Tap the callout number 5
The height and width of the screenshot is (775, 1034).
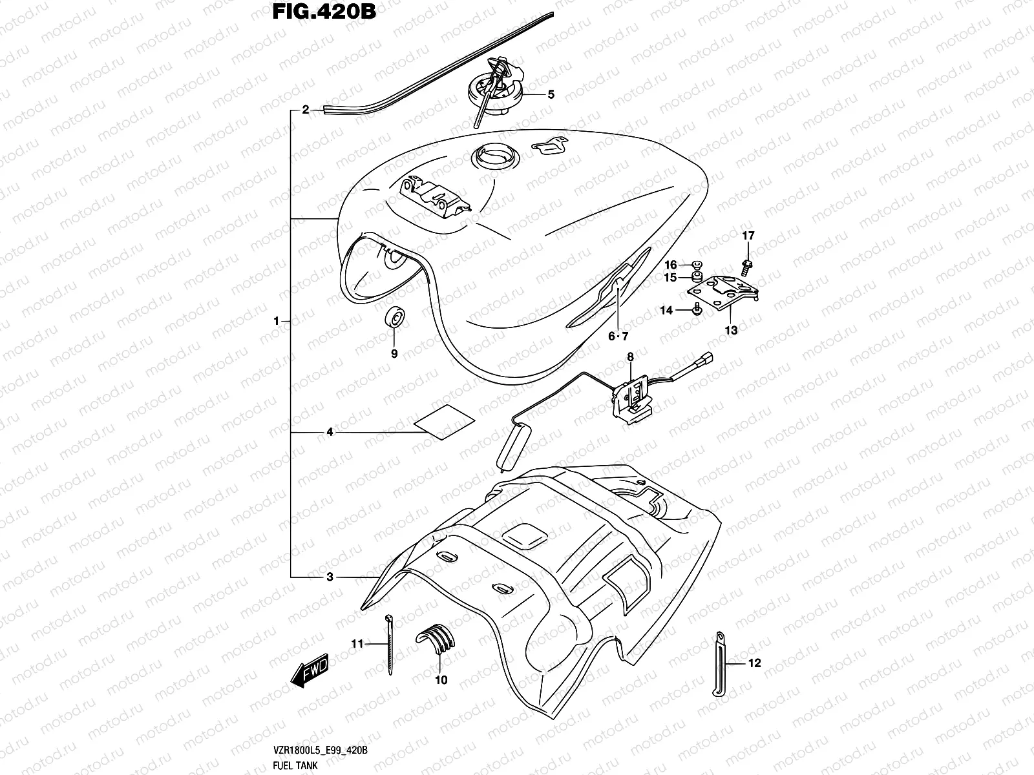click(551, 95)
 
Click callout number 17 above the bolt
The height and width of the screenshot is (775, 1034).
click(748, 236)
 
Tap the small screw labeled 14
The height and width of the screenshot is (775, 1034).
click(697, 310)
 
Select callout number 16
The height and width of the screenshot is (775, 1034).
click(670, 265)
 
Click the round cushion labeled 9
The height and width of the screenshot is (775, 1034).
click(394, 318)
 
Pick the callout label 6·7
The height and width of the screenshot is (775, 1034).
click(617, 336)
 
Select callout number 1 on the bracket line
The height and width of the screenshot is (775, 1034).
click(276, 320)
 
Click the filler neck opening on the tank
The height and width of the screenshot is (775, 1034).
click(495, 156)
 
